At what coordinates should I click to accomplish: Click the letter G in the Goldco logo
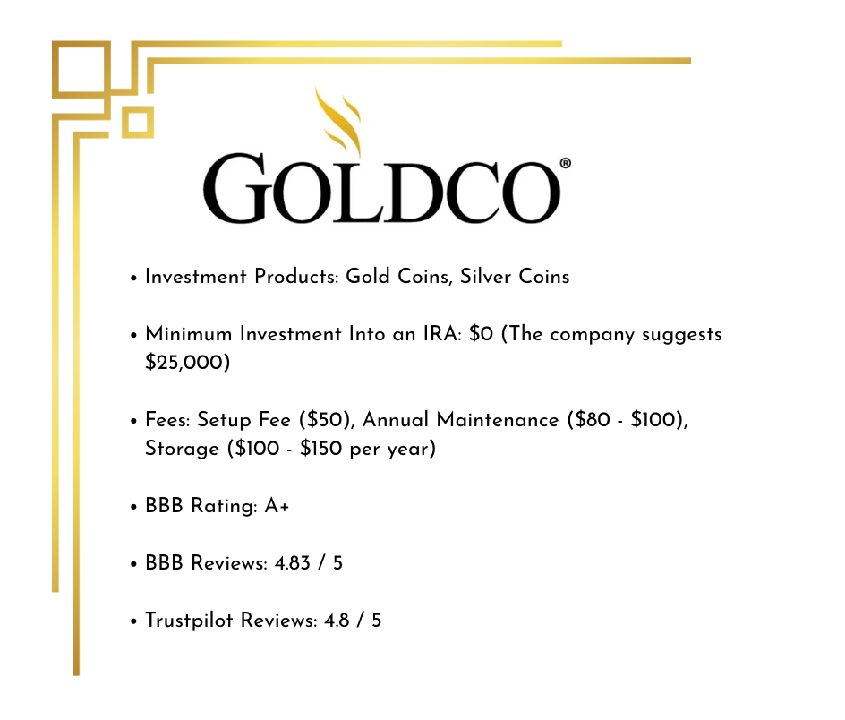click(237, 191)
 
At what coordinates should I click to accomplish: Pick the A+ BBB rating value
click(277, 506)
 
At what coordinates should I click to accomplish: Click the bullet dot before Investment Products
click(132, 278)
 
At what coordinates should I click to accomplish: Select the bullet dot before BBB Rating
click(132, 507)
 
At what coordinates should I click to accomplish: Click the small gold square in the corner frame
click(137, 122)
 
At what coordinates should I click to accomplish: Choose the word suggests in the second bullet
click(684, 334)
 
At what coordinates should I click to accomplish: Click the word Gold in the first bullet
click(366, 277)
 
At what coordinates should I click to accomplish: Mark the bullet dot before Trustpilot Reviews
click(132, 621)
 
